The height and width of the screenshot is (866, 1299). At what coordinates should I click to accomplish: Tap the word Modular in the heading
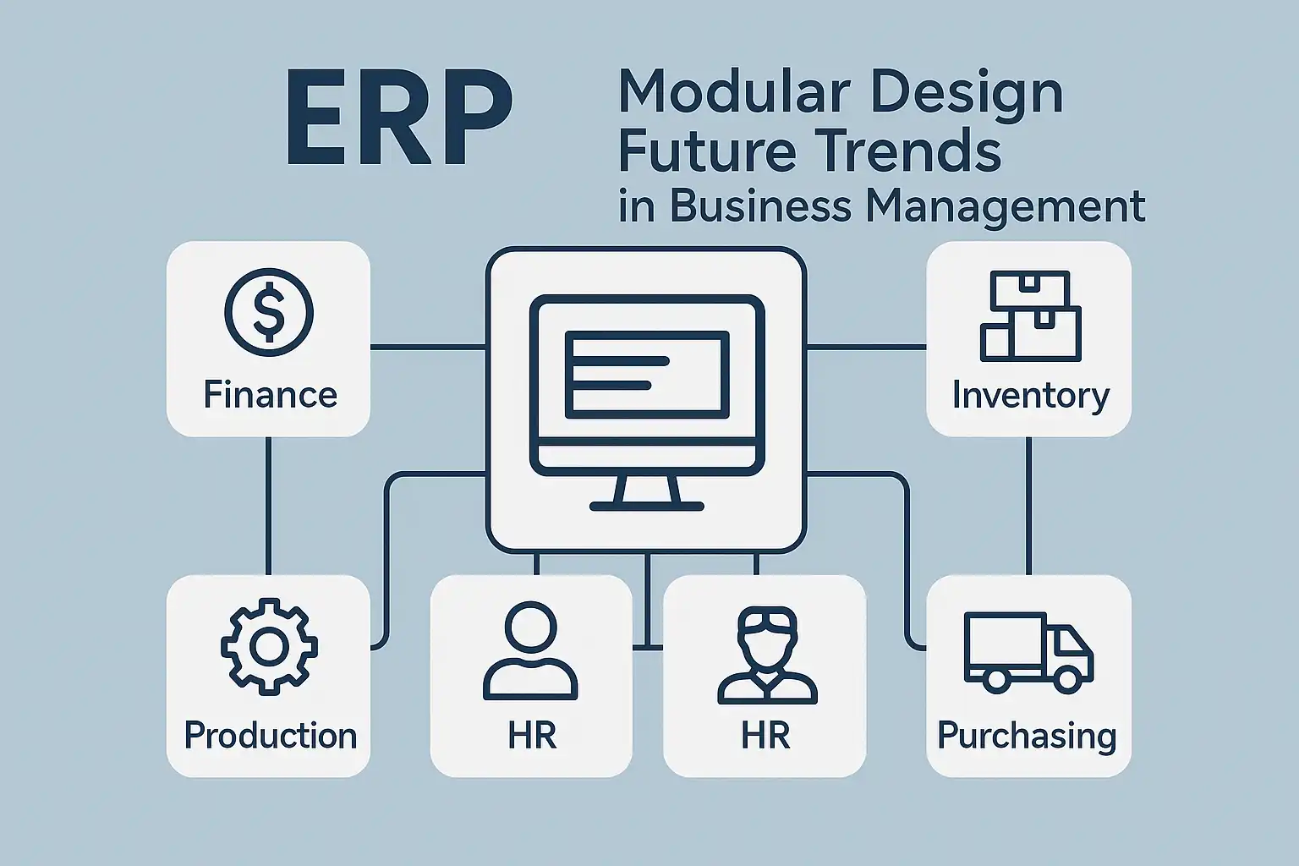point(735,93)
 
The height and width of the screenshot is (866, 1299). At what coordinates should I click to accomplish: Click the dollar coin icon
point(268,312)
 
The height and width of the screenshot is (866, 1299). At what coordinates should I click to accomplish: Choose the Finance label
point(271,395)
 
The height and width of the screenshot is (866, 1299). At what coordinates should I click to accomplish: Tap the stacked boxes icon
point(1031,315)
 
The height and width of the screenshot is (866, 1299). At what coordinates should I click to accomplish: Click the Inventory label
point(1031,397)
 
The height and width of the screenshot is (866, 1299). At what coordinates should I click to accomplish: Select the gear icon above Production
point(269,645)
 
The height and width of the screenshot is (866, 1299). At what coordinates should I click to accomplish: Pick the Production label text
point(271,736)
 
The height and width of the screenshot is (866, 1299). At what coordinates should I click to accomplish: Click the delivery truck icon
point(1028,653)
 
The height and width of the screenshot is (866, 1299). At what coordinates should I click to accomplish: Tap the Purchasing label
point(1027,737)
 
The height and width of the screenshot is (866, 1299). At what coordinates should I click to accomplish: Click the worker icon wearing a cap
point(767,655)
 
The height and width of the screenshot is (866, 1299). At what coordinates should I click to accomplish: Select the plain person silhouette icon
point(530,651)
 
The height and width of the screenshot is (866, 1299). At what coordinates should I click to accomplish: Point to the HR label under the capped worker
point(765,736)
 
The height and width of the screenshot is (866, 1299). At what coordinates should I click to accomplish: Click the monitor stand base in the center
point(647,507)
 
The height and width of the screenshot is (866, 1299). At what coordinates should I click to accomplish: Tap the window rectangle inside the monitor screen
point(647,375)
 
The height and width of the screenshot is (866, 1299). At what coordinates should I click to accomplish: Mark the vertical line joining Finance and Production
point(268,506)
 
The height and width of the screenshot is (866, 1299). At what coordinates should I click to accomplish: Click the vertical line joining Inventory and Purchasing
point(1028,506)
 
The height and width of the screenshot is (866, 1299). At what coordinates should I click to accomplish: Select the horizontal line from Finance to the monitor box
point(428,348)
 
